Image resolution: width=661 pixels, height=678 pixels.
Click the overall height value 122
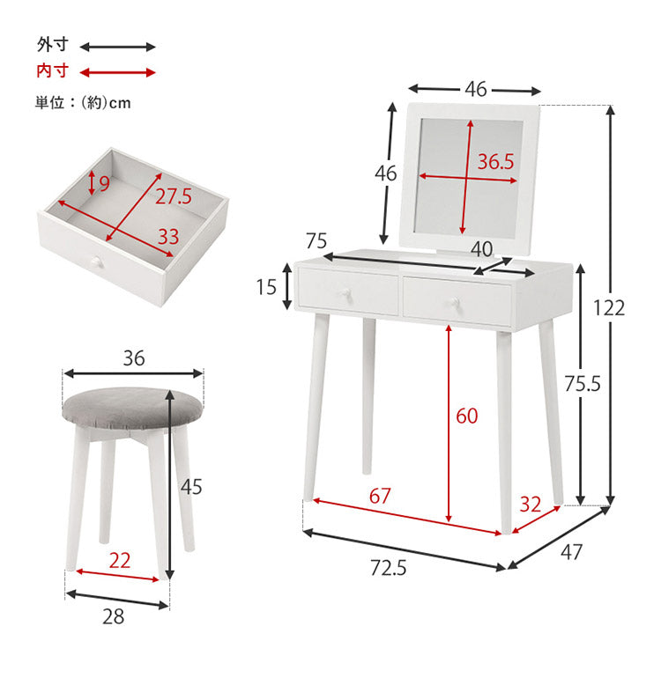[x=609, y=308]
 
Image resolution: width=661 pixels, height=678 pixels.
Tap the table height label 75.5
[x=583, y=383]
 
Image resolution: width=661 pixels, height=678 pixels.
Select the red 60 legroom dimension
[x=467, y=416]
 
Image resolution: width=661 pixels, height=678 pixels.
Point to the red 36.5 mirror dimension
[x=495, y=161]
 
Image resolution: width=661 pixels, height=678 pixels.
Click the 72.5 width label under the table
[x=389, y=568]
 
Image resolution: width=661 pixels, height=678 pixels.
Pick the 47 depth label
[x=571, y=552]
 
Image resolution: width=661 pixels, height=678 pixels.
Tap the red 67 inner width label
[x=380, y=496]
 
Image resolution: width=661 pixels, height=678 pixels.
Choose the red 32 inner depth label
[x=531, y=505]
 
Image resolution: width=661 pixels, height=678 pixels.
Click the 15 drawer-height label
[x=266, y=287]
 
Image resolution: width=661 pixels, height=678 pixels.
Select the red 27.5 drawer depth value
[x=173, y=196]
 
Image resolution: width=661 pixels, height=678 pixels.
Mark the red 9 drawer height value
[x=104, y=184]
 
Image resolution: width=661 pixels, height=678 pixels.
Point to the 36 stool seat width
[x=134, y=358]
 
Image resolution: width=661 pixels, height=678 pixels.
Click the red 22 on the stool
[x=120, y=560]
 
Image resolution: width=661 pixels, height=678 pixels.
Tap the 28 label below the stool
[x=114, y=616]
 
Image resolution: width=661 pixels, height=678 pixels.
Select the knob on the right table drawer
[x=455, y=301]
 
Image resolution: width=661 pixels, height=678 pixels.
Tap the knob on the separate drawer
[x=96, y=262]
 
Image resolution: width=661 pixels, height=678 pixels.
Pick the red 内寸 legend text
[x=52, y=70]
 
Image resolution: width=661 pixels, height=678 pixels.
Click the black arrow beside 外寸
[x=118, y=47]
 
